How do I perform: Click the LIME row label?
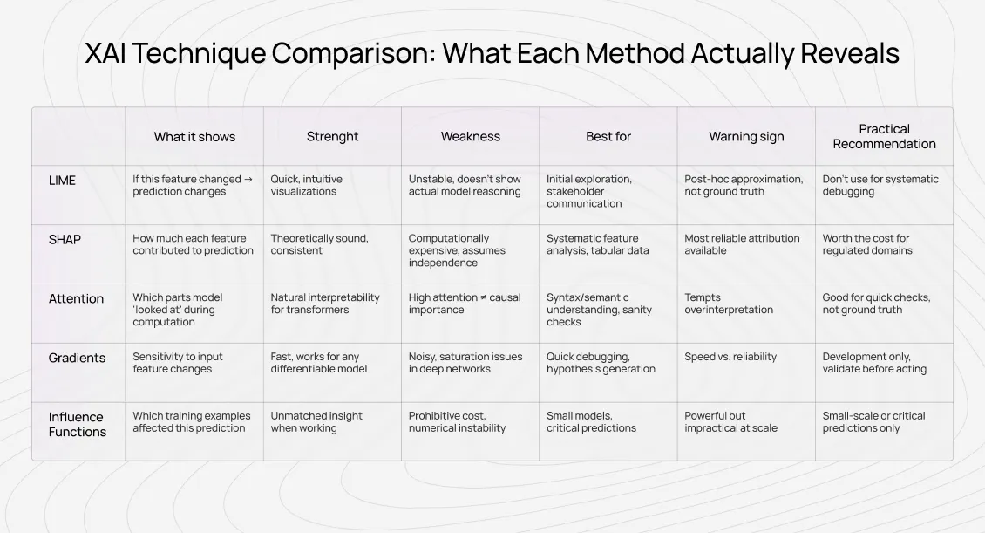(x=62, y=181)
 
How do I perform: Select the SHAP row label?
(x=65, y=240)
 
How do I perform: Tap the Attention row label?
(x=76, y=299)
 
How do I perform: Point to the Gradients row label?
(x=77, y=359)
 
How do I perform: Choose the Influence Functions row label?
(x=77, y=425)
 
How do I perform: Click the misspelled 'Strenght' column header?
(x=332, y=137)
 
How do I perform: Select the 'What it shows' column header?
(x=194, y=137)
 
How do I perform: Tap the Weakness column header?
(x=471, y=137)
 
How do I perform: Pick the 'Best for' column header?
(x=608, y=137)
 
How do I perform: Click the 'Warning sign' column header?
(x=746, y=137)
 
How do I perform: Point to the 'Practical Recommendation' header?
(x=884, y=137)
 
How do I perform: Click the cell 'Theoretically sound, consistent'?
(x=319, y=244)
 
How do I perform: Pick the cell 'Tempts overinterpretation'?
(x=729, y=304)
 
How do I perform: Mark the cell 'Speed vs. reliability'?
(x=730, y=357)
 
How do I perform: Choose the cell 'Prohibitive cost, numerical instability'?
(x=457, y=422)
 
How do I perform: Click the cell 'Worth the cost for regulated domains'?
(x=867, y=244)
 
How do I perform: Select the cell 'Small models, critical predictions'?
(x=591, y=422)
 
